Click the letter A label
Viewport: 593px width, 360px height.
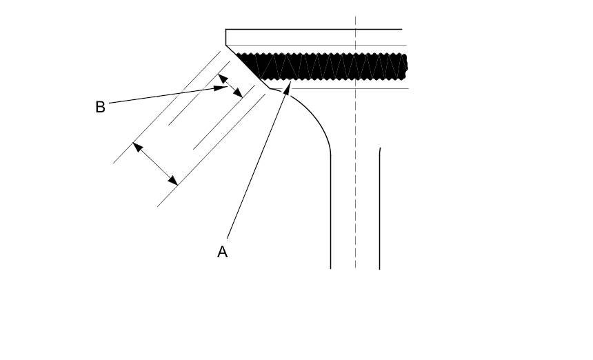point(222,252)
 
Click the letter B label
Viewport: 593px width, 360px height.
point(100,108)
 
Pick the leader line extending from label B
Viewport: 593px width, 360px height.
point(162,97)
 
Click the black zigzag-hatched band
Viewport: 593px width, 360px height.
point(324,67)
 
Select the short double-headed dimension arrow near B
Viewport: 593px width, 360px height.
point(230,86)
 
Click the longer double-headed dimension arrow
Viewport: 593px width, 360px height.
point(155,163)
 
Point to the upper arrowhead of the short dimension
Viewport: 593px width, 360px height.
point(221,77)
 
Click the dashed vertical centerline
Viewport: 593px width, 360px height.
point(355,172)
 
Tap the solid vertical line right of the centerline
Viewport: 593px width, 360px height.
point(380,207)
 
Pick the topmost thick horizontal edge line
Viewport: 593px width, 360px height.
point(314,29)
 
